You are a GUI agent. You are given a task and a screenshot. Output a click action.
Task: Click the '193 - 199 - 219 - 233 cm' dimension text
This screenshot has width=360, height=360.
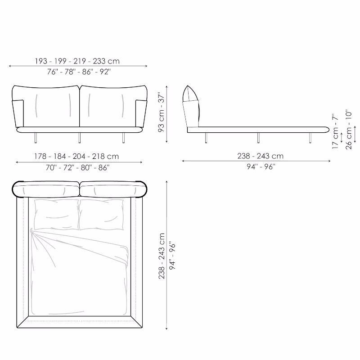coord(77,61)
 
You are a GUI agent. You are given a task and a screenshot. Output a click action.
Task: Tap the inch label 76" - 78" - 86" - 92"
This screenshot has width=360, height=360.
coord(79,72)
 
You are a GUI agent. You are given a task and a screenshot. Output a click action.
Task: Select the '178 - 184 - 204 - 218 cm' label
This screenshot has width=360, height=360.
coord(76,156)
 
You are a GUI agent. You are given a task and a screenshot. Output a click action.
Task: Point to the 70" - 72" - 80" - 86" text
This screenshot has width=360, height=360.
coord(77,167)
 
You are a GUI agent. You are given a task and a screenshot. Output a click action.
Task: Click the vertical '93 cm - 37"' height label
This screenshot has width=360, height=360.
coord(162,112)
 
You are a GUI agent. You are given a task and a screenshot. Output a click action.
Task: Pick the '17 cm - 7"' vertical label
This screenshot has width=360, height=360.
coord(335,131)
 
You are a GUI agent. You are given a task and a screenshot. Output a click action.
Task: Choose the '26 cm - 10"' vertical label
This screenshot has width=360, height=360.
coord(348,130)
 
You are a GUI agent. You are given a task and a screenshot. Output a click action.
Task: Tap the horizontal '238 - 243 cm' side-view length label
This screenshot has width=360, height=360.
coord(261,156)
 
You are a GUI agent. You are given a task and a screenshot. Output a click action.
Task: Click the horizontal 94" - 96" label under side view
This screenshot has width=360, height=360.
coord(261,166)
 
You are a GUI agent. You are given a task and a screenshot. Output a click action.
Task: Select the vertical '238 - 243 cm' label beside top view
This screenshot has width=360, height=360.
coord(162,256)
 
